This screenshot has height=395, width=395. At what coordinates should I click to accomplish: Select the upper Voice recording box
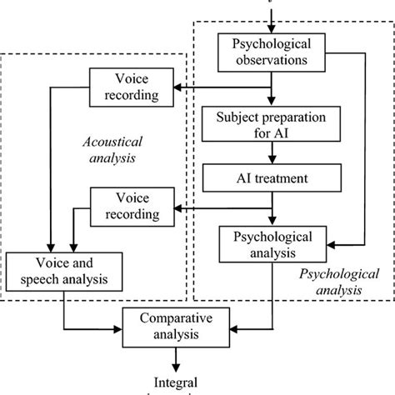pos(132,86)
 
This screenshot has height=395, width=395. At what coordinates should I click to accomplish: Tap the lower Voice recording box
pos(131,207)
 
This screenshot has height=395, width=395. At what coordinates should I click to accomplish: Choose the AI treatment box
pos(272,177)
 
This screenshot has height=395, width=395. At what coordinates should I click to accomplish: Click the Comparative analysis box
pos(176,326)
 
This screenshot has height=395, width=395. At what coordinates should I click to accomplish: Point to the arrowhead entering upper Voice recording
pos(177,86)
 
